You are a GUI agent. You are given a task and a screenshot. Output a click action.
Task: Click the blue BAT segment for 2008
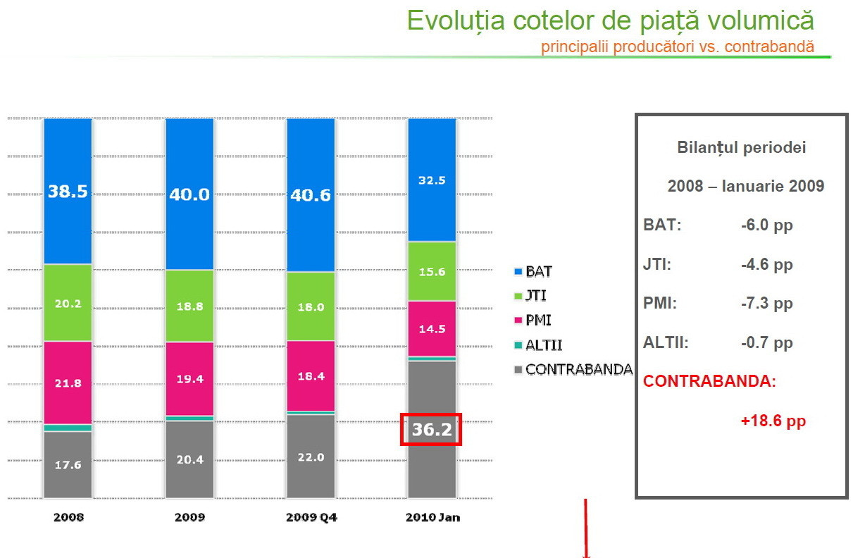[68, 191]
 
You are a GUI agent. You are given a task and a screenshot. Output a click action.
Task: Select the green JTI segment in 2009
[189, 306]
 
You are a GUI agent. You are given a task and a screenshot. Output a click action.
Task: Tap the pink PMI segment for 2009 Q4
[311, 376]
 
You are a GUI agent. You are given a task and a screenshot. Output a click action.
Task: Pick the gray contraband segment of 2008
[68, 464]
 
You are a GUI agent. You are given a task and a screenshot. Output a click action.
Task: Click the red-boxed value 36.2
[431, 429]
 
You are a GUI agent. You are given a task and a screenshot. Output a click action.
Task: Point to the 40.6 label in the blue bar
[311, 194]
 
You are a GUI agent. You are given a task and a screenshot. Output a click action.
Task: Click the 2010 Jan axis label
[432, 517]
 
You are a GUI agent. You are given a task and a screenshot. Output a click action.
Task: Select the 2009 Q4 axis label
[311, 517]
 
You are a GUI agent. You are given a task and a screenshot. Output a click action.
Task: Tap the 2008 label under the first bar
[68, 517]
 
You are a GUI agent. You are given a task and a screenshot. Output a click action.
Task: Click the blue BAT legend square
[518, 271]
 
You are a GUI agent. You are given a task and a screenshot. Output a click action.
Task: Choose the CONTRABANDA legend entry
[578, 369]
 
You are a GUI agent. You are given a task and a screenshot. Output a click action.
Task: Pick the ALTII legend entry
[544, 345]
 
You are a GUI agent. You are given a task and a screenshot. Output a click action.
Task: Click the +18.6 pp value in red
[773, 421]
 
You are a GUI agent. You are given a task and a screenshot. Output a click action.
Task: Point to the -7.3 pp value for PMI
[766, 304]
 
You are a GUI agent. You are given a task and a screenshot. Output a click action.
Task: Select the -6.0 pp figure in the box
[766, 225]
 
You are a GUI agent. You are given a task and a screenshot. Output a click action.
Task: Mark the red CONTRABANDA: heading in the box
[709, 382]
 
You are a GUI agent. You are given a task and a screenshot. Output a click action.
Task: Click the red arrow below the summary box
[585, 528]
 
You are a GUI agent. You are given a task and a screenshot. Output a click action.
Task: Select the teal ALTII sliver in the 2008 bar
[68, 428]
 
